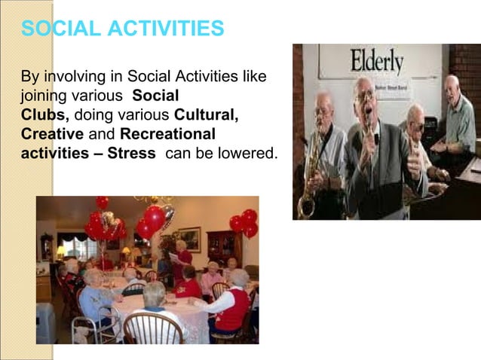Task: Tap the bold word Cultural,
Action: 206,115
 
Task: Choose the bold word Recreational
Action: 167,134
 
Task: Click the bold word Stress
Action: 131,153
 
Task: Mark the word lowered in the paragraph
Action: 248,153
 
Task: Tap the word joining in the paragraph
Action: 42,96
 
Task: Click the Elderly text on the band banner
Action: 376,62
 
